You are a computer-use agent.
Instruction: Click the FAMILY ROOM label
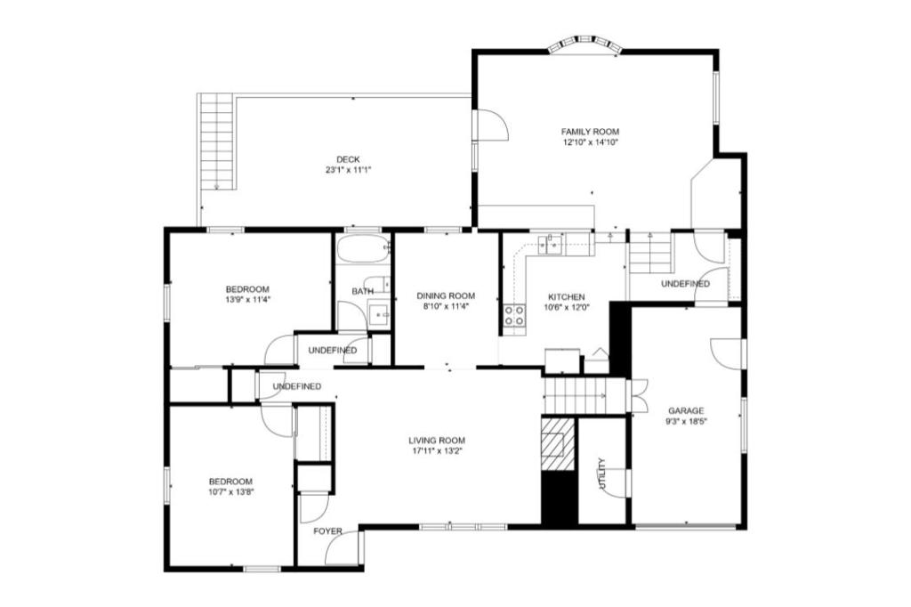click(590, 132)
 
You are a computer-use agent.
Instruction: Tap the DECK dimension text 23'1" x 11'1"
click(348, 170)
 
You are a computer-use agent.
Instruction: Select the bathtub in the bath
click(363, 249)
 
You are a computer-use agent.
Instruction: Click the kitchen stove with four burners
click(514, 315)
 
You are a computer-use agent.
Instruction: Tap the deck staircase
click(217, 142)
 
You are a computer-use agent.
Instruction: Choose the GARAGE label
click(686, 410)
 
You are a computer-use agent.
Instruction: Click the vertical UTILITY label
click(602, 473)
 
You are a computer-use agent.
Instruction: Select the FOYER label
click(327, 530)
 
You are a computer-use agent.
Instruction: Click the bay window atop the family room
click(585, 45)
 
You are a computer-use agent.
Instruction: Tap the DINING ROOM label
click(446, 296)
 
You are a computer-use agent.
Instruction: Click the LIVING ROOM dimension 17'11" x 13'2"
click(436, 450)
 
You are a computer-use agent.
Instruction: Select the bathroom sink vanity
click(380, 314)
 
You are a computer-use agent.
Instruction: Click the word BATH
click(363, 291)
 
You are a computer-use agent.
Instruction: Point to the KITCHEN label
click(567, 297)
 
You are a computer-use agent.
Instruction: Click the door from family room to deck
click(491, 125)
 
